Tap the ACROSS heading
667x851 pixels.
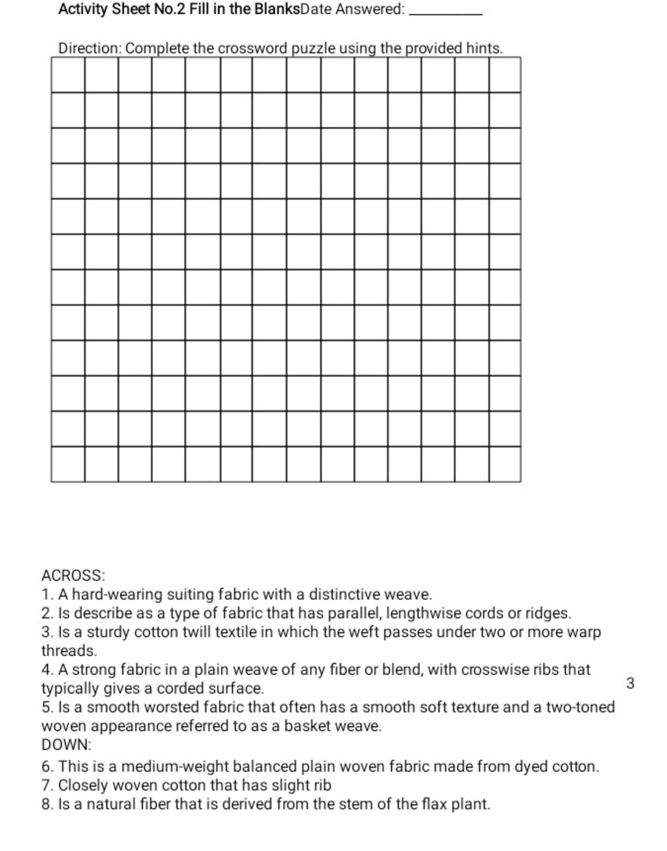[x=73, y=576]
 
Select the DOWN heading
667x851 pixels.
[x=66, y=745]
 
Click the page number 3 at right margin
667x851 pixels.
[x=630, y=684]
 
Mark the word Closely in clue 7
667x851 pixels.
[x=82, y=785]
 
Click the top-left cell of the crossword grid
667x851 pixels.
[x=68, y=75]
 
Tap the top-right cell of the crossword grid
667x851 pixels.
[x=504, y=75]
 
